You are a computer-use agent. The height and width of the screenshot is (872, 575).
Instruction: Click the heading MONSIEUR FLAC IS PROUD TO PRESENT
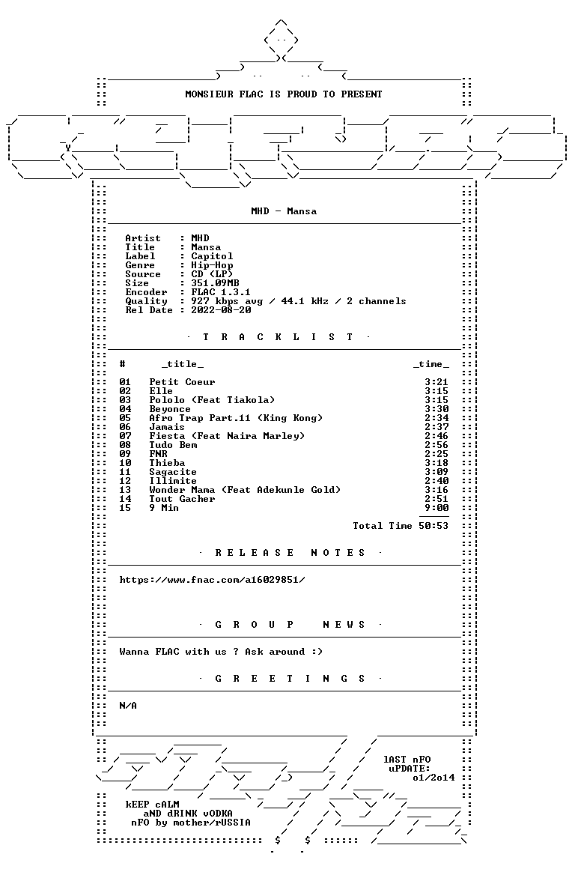click(x=284, y=94)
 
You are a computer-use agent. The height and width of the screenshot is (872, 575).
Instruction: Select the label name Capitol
click(x=212, y=256)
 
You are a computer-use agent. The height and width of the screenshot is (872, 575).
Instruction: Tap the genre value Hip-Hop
click(x=212, y=265)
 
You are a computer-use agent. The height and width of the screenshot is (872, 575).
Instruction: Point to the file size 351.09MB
click(x=215, y=283)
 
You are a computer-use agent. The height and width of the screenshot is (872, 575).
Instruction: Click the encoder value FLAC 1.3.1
click(x=221, y=292)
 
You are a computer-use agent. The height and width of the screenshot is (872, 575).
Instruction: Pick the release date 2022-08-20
click(x=221, y=310)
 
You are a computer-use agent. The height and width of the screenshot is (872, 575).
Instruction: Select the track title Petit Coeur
click(x=182, y=382)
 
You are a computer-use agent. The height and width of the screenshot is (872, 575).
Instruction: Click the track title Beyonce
click(x=170, y=409)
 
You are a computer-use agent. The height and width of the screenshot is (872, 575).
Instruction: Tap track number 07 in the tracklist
click(x=125, y=436)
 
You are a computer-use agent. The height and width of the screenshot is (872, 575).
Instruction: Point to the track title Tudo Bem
click(x=174, y=445)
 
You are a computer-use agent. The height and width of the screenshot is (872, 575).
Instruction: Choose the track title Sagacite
click(x=174, y=472)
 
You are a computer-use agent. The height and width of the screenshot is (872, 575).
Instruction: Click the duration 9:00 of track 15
click(x=436, y=508)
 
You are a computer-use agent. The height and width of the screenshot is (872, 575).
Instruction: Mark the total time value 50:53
click(x=433, y=526)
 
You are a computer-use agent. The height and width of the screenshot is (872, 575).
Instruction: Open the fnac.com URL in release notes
click(x=212, y=580)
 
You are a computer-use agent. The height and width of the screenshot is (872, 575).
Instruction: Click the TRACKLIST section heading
click(x=279, y=337)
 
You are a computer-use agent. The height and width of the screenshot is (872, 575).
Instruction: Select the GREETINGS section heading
click(x=290, y=679)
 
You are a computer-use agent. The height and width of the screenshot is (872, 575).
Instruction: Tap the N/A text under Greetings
click(x=128, y=706)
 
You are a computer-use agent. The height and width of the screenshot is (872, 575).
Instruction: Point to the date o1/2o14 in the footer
click(x=434, y=778)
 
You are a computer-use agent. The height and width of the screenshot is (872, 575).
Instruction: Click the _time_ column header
click(x=431, y=364)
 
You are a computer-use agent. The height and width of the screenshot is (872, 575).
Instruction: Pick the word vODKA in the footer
click(x=215, y=814)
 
